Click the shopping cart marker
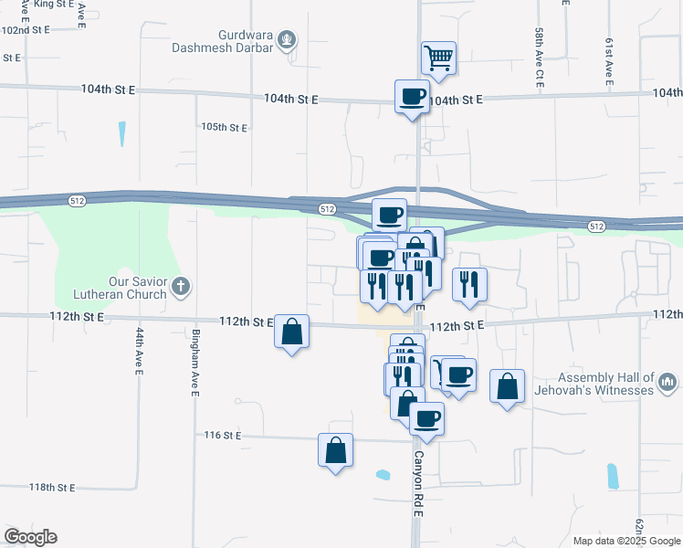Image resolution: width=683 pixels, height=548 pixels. click(438, 58)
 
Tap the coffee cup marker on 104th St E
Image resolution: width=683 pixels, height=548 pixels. click(412, 96)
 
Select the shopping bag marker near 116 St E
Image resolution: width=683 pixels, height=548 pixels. click(335, 450)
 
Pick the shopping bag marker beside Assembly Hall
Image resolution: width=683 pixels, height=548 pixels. click(507, 385)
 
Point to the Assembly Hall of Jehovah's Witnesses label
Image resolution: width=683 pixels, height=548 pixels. click(607, 384)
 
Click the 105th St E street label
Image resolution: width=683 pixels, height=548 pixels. click(225, 127)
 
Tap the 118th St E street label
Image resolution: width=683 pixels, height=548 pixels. click(51, 488)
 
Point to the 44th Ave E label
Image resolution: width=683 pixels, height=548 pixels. click(141, 351)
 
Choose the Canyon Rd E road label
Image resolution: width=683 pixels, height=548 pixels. click(419, 484)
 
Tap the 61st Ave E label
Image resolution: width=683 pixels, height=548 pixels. click(608, 62)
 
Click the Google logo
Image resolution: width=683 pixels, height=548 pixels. click(30, 537)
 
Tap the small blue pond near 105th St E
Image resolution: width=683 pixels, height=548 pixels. click(121, 134)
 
